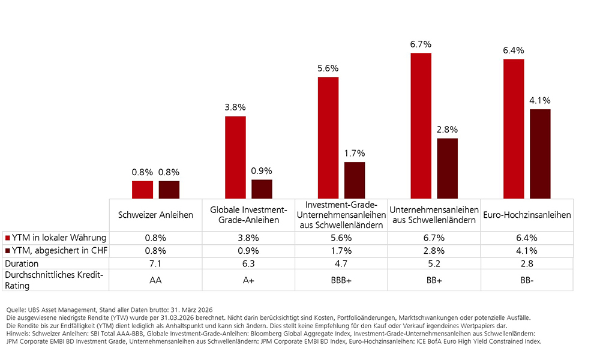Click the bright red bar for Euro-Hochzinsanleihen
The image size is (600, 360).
point(514,128)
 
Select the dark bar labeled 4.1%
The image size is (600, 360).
point(540,154)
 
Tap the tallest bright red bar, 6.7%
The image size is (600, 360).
point(421,125)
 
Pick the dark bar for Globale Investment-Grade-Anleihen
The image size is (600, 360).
point(262,189)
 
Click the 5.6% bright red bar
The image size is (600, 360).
point(328,137)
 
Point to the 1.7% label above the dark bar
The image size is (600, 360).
point(354,153)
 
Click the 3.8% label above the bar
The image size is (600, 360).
point(235,107)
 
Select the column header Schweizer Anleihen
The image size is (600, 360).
point(156,215)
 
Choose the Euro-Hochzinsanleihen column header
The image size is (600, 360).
point(527,215)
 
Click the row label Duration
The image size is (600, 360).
point(22,263)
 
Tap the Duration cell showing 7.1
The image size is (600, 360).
point(156,263)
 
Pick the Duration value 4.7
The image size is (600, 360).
point(341,263)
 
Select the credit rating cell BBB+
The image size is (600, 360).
point(341,280)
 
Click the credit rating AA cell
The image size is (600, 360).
point(156,280)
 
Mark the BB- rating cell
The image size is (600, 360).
point(527,280)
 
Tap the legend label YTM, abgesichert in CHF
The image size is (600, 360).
point(59,250)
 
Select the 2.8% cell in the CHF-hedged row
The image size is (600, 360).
point(434,250)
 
